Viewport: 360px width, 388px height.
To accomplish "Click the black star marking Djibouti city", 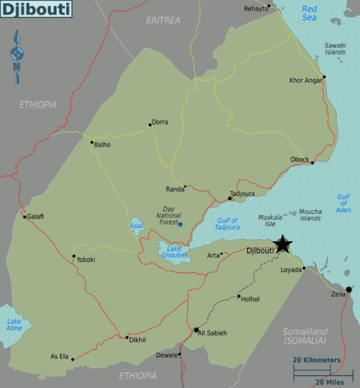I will [x=283, y=244].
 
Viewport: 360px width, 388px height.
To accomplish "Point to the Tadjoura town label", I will [x=242, y=193].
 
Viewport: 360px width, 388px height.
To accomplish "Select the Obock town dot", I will [x=312, y=163].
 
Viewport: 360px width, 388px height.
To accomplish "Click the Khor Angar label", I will [x=306, y=80].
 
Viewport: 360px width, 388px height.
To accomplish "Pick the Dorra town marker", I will [x=150, y=124].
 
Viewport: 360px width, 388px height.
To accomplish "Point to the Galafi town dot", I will [x=24, y=217].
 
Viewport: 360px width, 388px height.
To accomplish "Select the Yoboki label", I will [x=86, y=260].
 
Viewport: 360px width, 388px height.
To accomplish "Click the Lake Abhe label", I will [x=14, y=325].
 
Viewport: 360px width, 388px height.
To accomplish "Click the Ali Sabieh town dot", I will [x=196, y=330].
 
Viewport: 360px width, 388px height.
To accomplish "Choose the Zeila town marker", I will [x=348, y=289].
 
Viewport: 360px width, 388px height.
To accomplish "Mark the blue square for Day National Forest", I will [x=180, y=225].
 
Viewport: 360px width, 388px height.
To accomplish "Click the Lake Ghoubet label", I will [x=173, y=252].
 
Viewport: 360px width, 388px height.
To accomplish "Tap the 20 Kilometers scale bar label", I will [x=316, y=359].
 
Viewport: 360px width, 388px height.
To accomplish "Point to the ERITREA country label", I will [x=163, y=20].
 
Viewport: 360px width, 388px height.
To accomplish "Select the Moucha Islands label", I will [x=310, y=215].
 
